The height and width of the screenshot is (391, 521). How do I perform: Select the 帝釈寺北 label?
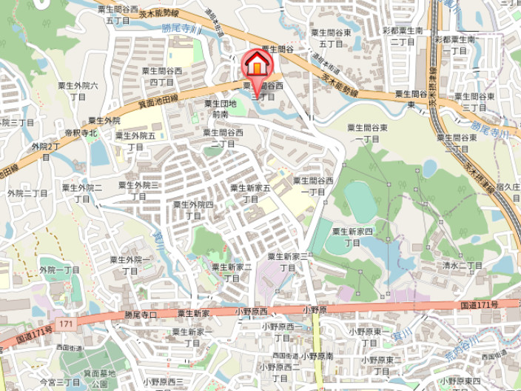tap(81, 132)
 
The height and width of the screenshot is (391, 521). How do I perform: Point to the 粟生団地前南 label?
tap(221, 109)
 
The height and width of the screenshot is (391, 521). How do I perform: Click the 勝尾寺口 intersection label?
tap(141, 314)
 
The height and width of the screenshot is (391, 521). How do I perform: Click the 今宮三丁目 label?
tap(59, 381)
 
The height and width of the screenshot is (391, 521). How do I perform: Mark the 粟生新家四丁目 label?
tap(352, 236)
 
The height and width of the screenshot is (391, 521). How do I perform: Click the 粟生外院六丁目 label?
tap(78, 91)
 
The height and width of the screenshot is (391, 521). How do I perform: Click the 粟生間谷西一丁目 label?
tap(315, 185)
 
